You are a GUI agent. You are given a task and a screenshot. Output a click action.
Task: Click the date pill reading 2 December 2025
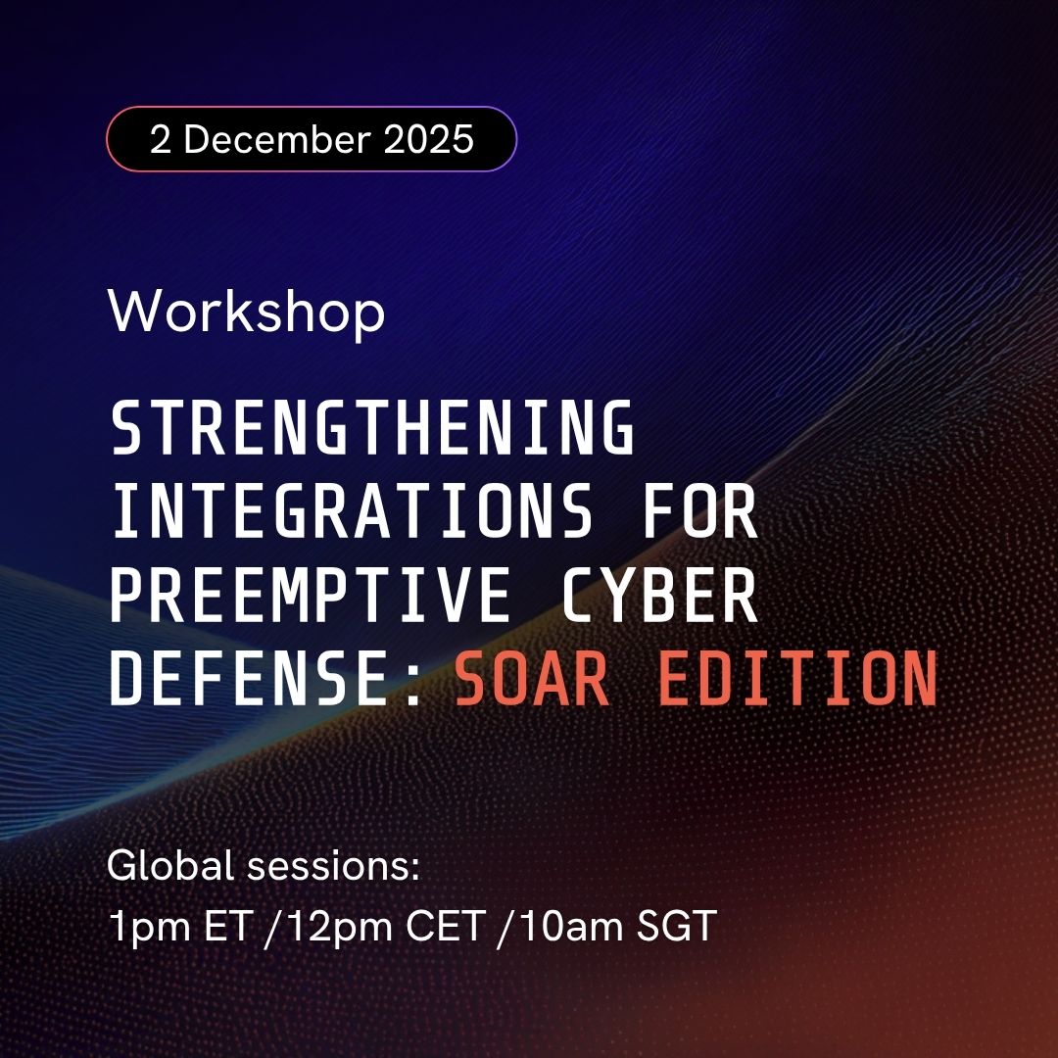[x=312, y=139]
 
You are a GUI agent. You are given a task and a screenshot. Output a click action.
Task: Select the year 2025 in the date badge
[x=429, y=139]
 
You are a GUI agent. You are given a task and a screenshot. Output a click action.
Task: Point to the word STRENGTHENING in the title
[x=372, y=428]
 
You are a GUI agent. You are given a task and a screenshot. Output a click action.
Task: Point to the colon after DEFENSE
[x=412, y=679]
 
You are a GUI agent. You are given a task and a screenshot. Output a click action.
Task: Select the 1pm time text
[x=143, y=926]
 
